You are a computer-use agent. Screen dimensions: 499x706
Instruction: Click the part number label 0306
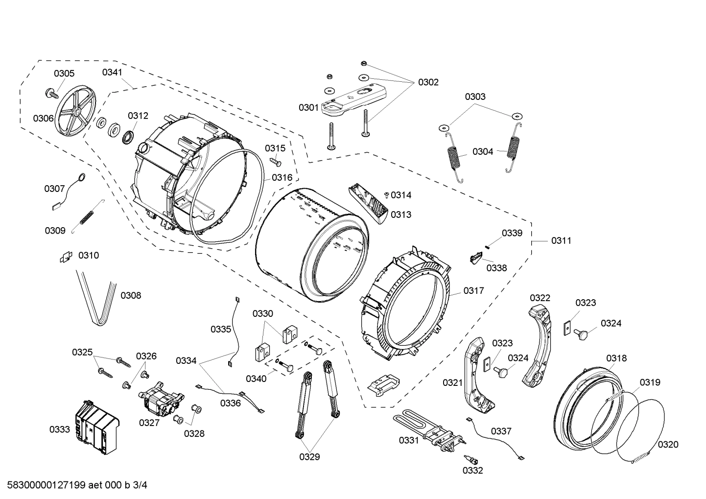coord(44,118)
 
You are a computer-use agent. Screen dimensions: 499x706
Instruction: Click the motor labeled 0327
coord(161,397)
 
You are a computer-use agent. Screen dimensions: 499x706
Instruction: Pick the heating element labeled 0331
coord(426,428)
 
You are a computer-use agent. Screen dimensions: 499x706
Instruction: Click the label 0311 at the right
coord(561,240)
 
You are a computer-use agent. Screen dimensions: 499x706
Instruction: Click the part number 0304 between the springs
coord(483,151)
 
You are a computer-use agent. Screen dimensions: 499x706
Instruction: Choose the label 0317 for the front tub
coord(473,290)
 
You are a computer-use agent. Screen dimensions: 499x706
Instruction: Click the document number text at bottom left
coord(74,485)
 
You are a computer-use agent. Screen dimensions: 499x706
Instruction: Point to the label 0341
coord(112,72)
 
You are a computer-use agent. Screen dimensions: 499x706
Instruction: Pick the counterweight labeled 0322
coord(539,343)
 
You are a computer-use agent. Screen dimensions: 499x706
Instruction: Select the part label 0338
coord(496,268)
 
